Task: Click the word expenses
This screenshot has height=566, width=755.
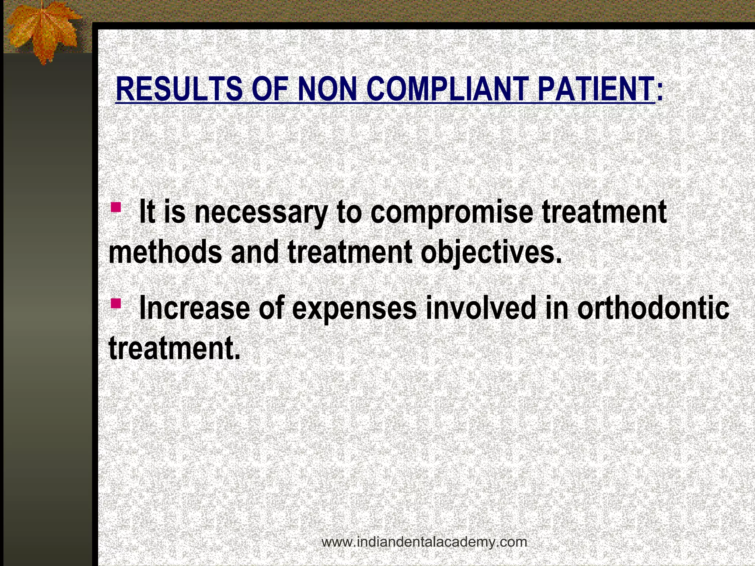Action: point(354,309)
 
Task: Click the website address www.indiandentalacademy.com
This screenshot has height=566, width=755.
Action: point(424,542)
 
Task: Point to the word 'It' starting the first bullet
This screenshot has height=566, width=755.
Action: point(147,213)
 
